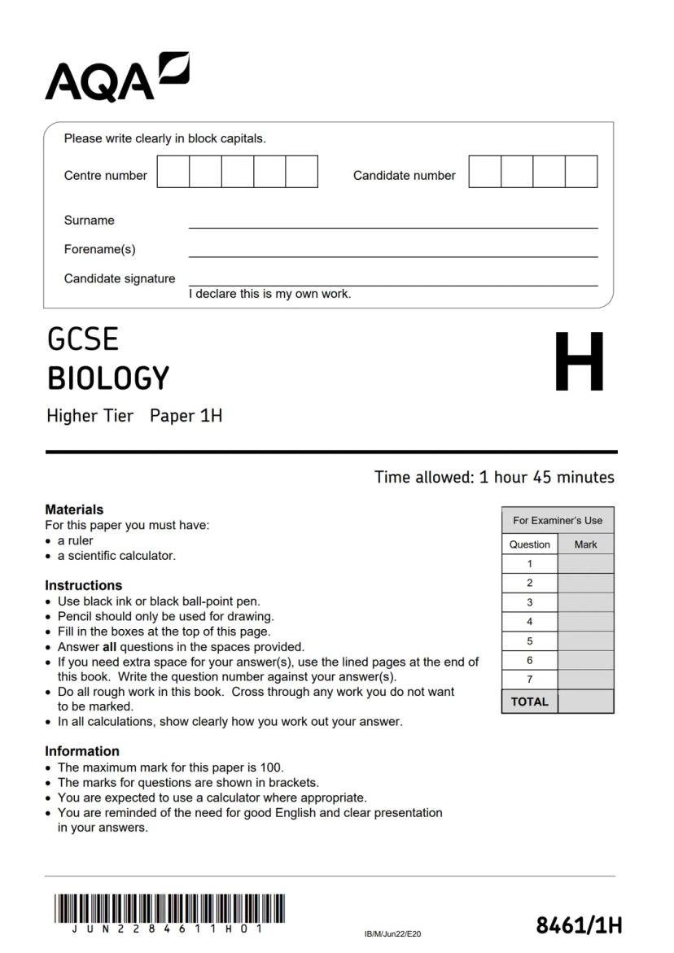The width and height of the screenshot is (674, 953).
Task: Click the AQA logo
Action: point(116,77)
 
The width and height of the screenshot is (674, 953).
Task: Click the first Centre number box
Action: point(173,172)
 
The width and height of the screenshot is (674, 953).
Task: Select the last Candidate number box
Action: point(581,172)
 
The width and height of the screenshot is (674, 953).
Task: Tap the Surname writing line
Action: point(392,222)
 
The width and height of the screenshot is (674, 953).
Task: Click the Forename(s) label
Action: point(100,249)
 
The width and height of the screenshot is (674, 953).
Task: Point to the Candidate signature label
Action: point(120,278)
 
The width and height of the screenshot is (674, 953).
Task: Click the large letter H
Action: point(579,362)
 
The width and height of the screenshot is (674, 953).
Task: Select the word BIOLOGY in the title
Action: point(108,378)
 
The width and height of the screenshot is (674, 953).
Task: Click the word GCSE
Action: point(83,339)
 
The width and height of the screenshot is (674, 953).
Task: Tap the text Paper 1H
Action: point(186,416)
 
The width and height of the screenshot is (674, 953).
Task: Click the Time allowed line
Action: point(493,477)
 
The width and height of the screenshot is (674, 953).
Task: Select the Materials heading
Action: point(74,509)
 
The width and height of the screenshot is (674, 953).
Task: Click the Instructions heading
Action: point(83,585)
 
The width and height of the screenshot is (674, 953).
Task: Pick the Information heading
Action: point(82,751)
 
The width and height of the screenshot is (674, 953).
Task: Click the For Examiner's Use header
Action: point(558,520)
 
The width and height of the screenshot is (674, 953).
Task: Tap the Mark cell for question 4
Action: point(585,622)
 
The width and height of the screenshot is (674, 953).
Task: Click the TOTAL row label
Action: point(529,702)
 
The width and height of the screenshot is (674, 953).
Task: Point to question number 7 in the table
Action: point(529,680)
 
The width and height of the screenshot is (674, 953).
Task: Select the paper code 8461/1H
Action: point(579,925)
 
